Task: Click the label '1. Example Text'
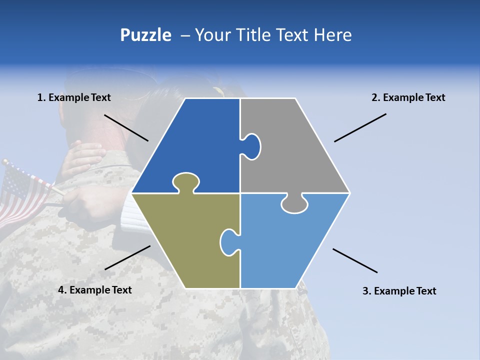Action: tap(74, 97)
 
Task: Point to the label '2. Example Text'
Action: tap(408, 97)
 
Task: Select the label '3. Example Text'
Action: tap(399, 291)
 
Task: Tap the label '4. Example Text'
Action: tap(94, 290)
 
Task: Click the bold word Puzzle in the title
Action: tap(145, 35)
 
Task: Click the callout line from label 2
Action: tap(360, 127)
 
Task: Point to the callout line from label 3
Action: tap(355, 260)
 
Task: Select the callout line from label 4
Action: tap(127, 257)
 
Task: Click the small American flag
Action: tap(22, 192)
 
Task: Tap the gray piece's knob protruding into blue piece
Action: tap(252, 146)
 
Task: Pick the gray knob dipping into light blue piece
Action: tap(294, 204)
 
